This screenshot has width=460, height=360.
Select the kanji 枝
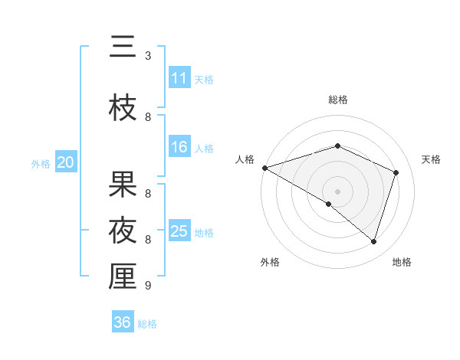coord(123,109)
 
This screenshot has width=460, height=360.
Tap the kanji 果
coord(123,184)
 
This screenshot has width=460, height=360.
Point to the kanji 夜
coord(123,230)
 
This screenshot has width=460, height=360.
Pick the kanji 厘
coord(123,277)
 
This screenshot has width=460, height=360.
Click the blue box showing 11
coord(179,78)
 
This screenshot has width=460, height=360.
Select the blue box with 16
coord(179,147)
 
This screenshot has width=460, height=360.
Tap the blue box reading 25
coord(179,231)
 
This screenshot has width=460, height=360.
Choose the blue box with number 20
coord(66,162)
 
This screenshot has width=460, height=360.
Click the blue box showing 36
coord(123,322)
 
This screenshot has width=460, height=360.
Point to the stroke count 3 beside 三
coord(148,56)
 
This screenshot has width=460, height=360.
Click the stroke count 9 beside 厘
coord(148,285)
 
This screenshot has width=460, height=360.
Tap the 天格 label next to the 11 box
coord(204,79)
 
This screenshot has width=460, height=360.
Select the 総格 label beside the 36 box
coord(147,323)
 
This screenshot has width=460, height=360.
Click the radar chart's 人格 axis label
coord(245,159)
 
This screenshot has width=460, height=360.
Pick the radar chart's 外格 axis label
coord(270,262)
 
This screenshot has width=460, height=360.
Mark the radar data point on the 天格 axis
coord(396,172)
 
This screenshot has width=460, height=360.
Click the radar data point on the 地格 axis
coord(374,241)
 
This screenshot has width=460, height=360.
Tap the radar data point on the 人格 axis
coord(264,167)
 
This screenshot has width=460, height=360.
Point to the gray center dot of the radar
coord(337,191)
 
